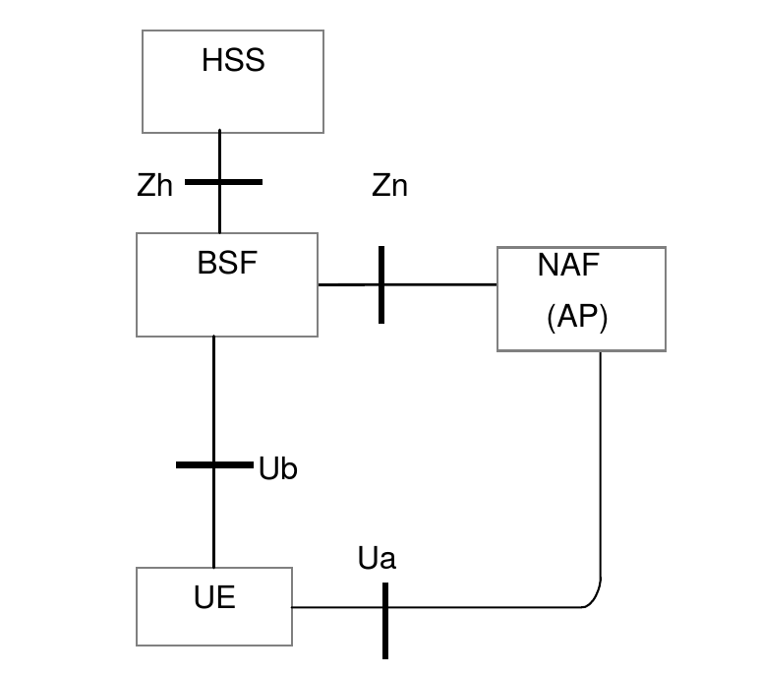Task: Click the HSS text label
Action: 233,61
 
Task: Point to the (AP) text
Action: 577,319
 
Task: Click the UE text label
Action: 213,597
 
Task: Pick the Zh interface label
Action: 155,186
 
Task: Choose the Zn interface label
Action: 389,186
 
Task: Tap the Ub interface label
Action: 277,469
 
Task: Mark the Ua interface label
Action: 377,560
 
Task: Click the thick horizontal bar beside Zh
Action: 224,182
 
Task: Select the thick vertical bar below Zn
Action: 381,284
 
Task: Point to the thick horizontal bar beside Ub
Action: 214,464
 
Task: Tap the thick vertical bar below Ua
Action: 384,620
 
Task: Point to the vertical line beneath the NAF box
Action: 600,462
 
